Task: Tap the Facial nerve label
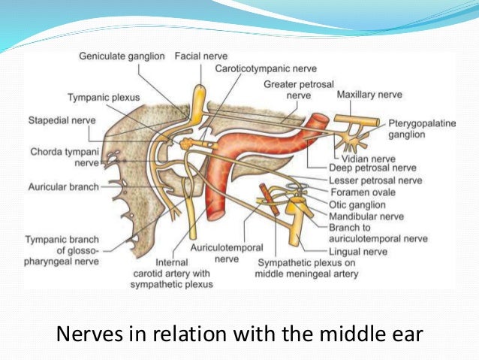[x=200, y=56]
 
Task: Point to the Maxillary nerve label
[x=369, y=95]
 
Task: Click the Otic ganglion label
[x=357, y=204]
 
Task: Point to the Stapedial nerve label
[x=59, y=119]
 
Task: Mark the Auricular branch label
[x=63, y=187]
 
